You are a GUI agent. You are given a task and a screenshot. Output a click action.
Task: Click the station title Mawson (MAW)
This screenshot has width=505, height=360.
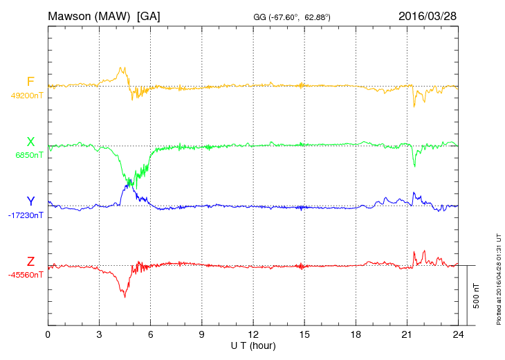point(89,16)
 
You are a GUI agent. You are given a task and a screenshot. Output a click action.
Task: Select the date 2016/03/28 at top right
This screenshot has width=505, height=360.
point(427,16)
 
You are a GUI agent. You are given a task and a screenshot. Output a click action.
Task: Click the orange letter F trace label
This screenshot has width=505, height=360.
point(30,82)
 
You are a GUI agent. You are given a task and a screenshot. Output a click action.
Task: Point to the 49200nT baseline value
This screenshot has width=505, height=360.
point(26,96)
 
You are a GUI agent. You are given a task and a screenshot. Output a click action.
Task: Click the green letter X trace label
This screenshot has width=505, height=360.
point(30,142)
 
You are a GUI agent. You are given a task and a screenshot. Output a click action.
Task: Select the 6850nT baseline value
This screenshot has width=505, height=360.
point(29,155)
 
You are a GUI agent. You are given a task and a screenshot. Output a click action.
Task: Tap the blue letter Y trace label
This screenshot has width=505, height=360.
point(30,201)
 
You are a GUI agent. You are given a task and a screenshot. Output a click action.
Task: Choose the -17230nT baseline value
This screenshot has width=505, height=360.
point(27,215)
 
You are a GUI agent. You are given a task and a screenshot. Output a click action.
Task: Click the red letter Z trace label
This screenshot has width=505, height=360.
point(30,262)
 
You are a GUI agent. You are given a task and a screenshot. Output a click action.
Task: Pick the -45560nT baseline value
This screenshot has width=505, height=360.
point(26,275)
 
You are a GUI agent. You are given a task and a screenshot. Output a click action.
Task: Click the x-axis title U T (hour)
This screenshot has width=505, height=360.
point(254,345)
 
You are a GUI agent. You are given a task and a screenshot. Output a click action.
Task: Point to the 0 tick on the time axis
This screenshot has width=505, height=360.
point(48,334)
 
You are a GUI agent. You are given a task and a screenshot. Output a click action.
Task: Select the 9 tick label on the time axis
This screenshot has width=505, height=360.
point(202,334)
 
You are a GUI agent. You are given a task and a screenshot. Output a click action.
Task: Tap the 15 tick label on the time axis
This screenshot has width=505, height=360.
point(304,334)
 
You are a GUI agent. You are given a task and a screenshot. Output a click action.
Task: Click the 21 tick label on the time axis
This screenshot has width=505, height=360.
point(407,334)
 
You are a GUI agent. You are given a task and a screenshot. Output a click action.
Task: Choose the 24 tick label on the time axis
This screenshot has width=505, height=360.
point(458,334)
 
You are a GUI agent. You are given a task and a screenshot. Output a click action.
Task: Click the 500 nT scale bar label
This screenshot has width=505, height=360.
point(477,296)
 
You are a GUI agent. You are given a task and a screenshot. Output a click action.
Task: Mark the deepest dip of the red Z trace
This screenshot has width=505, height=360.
point(125,297)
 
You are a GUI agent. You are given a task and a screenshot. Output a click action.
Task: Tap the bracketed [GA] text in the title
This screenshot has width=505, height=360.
point(149,16)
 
